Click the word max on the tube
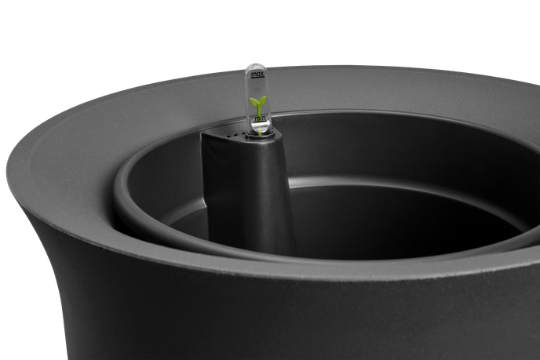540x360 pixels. (257, 74)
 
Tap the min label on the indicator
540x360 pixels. (260, 118)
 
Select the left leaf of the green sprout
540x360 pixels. (254, 101)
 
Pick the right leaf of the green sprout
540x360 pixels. (262, 100)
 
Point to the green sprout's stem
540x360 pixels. (258, 110)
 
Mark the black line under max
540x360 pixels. (257, 78)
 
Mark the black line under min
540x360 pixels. (261, 122)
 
